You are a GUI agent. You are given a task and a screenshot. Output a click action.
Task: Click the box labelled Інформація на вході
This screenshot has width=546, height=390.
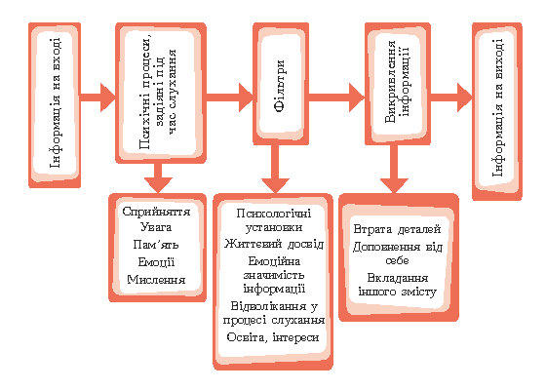55,105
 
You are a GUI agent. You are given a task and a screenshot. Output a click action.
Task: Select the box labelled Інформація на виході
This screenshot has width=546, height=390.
497,111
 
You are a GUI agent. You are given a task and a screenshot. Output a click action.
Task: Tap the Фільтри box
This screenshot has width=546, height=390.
281,84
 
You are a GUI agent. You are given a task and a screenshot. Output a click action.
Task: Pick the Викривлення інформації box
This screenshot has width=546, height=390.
398,84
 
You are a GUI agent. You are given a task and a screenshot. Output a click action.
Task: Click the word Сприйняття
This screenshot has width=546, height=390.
156,212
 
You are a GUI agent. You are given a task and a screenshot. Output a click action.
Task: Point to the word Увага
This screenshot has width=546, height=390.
156,227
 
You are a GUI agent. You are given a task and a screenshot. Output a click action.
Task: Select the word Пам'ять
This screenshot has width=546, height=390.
156,245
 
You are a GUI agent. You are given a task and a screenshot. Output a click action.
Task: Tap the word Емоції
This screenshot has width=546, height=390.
156,262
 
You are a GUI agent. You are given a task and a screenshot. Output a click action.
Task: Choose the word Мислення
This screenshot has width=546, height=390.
156,279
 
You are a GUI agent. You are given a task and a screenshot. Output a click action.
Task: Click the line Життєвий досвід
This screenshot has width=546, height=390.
274,244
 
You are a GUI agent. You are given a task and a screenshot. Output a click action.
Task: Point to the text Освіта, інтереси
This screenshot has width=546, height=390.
273,337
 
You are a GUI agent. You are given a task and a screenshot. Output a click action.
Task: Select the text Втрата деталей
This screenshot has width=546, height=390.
398,229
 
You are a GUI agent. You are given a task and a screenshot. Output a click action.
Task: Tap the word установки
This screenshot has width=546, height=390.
274,227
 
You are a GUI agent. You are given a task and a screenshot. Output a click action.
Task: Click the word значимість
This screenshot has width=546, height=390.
274,275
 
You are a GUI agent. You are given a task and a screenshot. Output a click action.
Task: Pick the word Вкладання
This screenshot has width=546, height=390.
398,278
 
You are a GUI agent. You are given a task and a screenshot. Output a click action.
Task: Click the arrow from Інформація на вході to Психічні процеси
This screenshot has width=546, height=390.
97,97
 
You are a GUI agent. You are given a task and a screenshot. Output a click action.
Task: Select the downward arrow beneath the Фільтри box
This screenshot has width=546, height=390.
275,169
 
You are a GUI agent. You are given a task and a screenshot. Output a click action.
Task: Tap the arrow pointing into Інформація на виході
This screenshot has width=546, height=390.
451,97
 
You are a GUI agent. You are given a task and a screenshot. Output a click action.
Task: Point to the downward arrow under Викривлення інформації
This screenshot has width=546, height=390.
394,169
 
